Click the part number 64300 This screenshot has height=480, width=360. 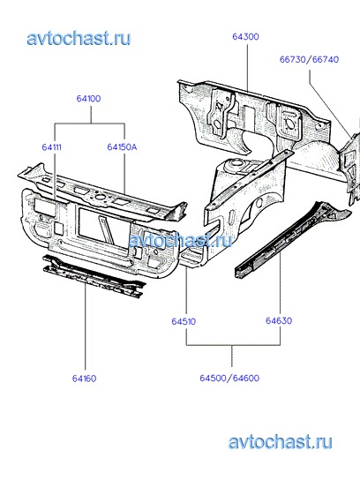(x=245, y=37)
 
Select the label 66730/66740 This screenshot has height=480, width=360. (x=309, y=59)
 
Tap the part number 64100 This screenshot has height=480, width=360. (x=88, y=99)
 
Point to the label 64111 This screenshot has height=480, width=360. (x=52, y=147)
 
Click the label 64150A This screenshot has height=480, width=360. (x=122, y=147)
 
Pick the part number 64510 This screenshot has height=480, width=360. (x=184, y=321)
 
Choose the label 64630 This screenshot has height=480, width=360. (x=279, y=321)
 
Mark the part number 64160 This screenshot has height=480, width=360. (x=84, y=379)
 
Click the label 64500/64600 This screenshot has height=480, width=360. (x=229, y=378)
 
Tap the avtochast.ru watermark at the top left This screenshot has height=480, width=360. (x=79, y=39)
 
